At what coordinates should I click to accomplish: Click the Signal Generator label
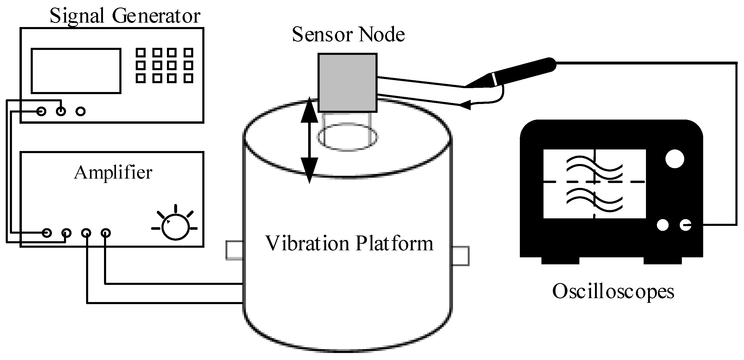(125, 16)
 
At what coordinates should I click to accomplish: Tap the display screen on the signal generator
(76, 71)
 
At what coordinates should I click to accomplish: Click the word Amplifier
(113, 173)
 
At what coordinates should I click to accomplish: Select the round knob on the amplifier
(175, 227)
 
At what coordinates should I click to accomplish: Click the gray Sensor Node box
(347, 83)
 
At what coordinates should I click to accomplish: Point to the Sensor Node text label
(348, 35)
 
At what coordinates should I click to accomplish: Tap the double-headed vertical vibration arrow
(309, 140)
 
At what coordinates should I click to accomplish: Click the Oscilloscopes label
(613, 291)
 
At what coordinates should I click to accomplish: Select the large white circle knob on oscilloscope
(675, 159)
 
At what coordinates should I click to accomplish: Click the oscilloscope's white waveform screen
(594, 184)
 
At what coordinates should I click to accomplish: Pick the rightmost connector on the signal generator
(80, 112)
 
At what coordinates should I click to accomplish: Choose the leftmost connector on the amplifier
(47, 233)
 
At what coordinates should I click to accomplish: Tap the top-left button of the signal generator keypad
(140, 53)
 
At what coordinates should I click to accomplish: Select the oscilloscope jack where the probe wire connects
(685, 225)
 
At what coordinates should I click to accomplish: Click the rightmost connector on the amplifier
(105, 233)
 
